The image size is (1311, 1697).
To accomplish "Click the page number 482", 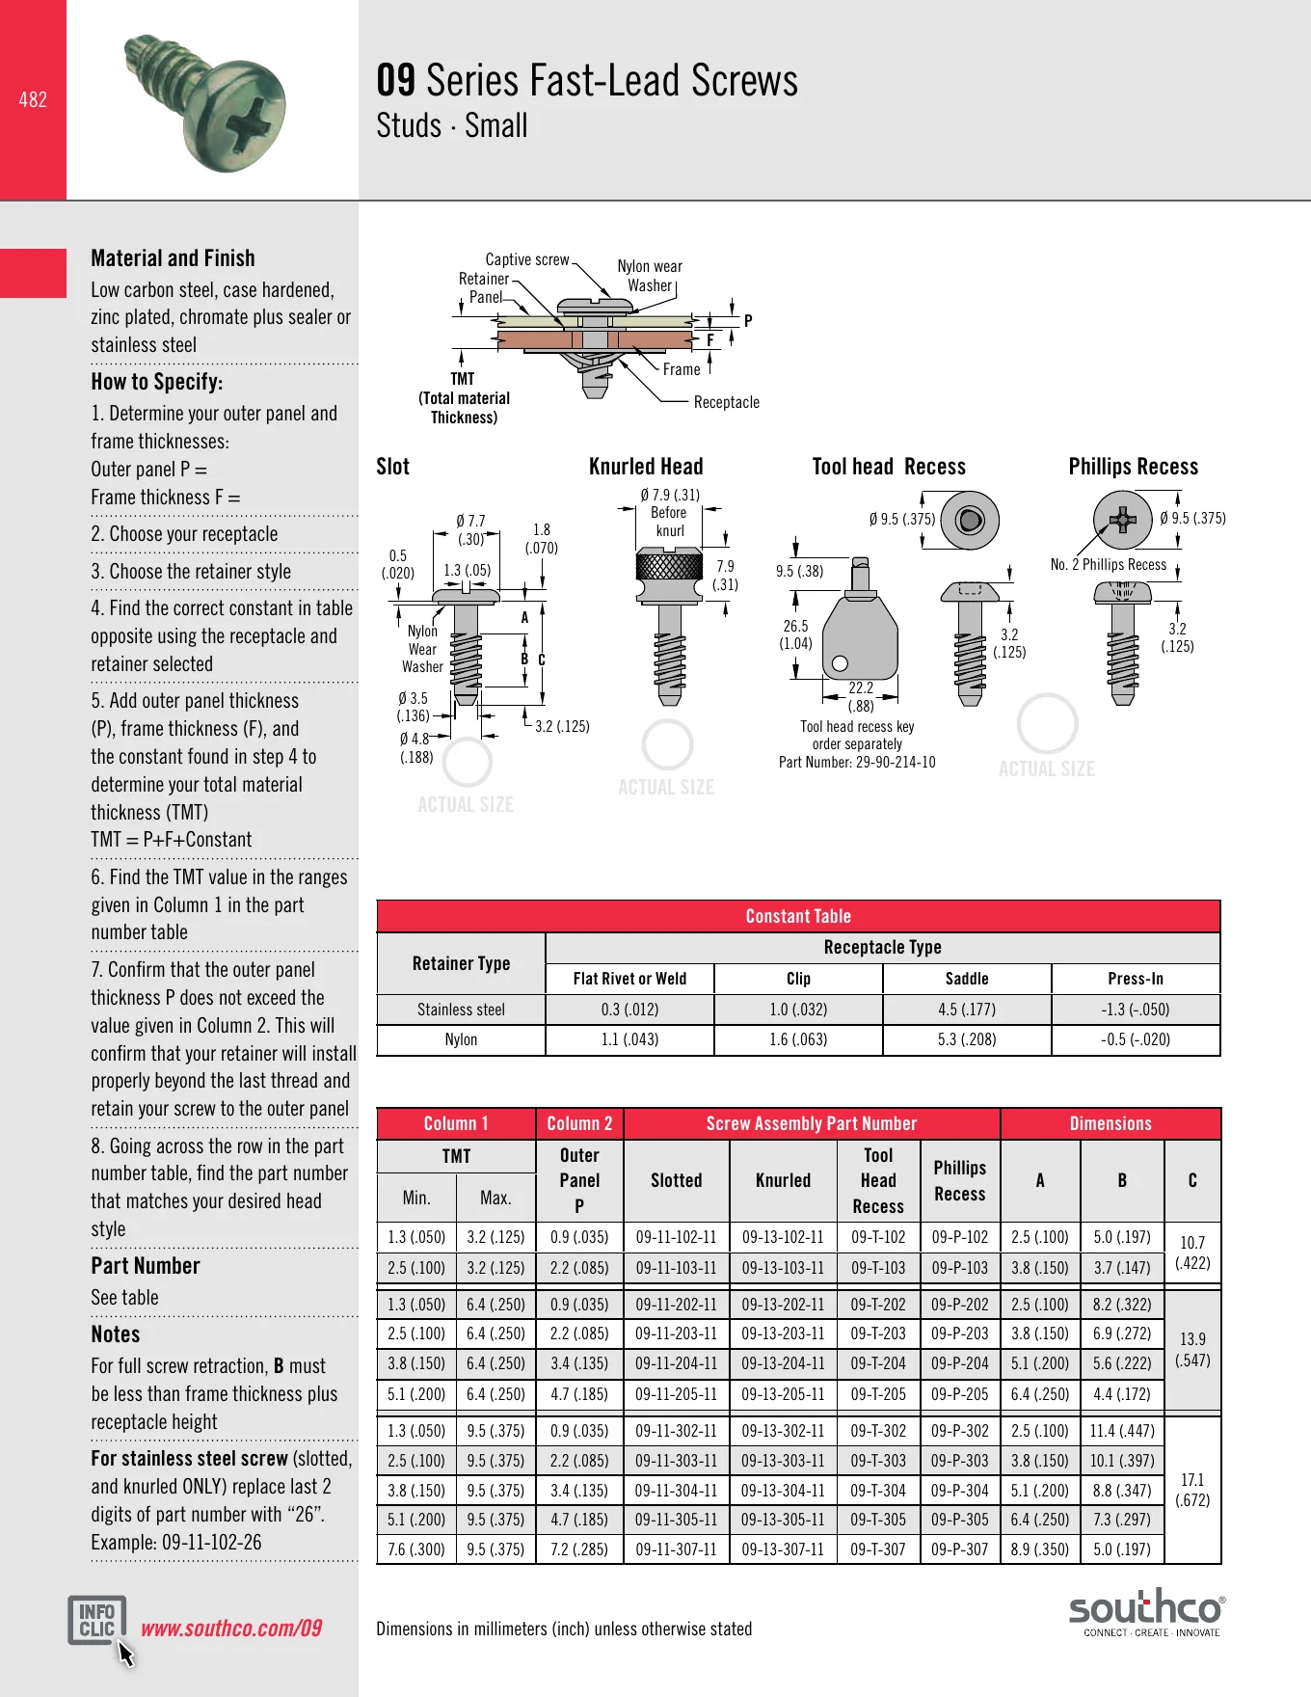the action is pyautogui.click(x=33, y=99).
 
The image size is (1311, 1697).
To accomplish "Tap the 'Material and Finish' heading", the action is pyautogui.click(x=173, y=258).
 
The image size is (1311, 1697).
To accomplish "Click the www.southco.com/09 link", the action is pyautogui.click(x=231, y=1629).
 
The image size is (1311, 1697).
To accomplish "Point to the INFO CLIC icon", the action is pyautogui.click(x=97, y=1621).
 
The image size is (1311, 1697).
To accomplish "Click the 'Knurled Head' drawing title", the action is pyautogui.click(x=646, y=467).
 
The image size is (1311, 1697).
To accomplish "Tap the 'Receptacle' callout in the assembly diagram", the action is pyautogui.click(x=727, y=402).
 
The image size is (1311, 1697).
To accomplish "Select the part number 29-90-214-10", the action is pyautogui.click(x=896, y=762).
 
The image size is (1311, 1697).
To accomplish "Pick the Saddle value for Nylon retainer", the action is pyautogui.click(x=967, y=1039).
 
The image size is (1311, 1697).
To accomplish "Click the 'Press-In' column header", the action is pyautogui.click(x=1136, y=979).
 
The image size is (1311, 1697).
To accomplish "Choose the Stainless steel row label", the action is pyautogui.click(x=461, y=1010).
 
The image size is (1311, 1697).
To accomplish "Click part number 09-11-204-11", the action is pyautogui.click(x=676, y=1363).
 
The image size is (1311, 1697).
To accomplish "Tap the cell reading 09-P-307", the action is pyautogui.click(x=960, y=1549).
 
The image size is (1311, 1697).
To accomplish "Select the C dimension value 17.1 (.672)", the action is pyautogui.click(x=1192, y=1490).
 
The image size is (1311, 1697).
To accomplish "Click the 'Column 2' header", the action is pyautogui.click(x=579, y=1123).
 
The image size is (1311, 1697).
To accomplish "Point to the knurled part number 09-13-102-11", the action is pyautogui.click(x=783, y=1237).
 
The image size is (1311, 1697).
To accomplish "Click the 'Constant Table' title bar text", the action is pyautogui.click(x=798, y=916).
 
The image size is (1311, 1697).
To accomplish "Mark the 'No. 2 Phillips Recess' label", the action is pyautogui.click(x=1109, y=565).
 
